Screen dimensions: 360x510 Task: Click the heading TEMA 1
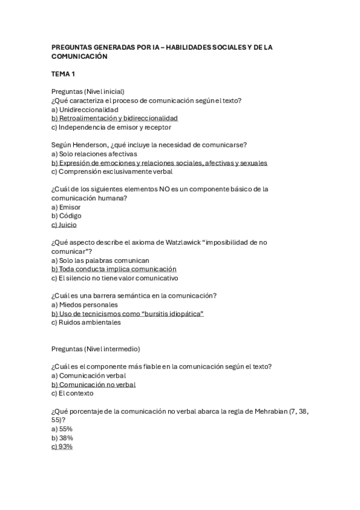coord(63,74)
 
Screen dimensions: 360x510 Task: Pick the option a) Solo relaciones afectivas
coord(94,154)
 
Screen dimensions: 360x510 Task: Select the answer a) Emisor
coord(66,207)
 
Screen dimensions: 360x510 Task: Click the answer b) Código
coord(66,215)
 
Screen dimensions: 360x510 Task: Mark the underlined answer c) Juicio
coord(64,224)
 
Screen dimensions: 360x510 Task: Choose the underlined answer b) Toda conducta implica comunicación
coord(114,269)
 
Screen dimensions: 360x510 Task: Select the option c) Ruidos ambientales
coord(86,322)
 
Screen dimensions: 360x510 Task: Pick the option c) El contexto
coord(73,393)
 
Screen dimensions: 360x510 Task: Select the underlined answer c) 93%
coord(62,446)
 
